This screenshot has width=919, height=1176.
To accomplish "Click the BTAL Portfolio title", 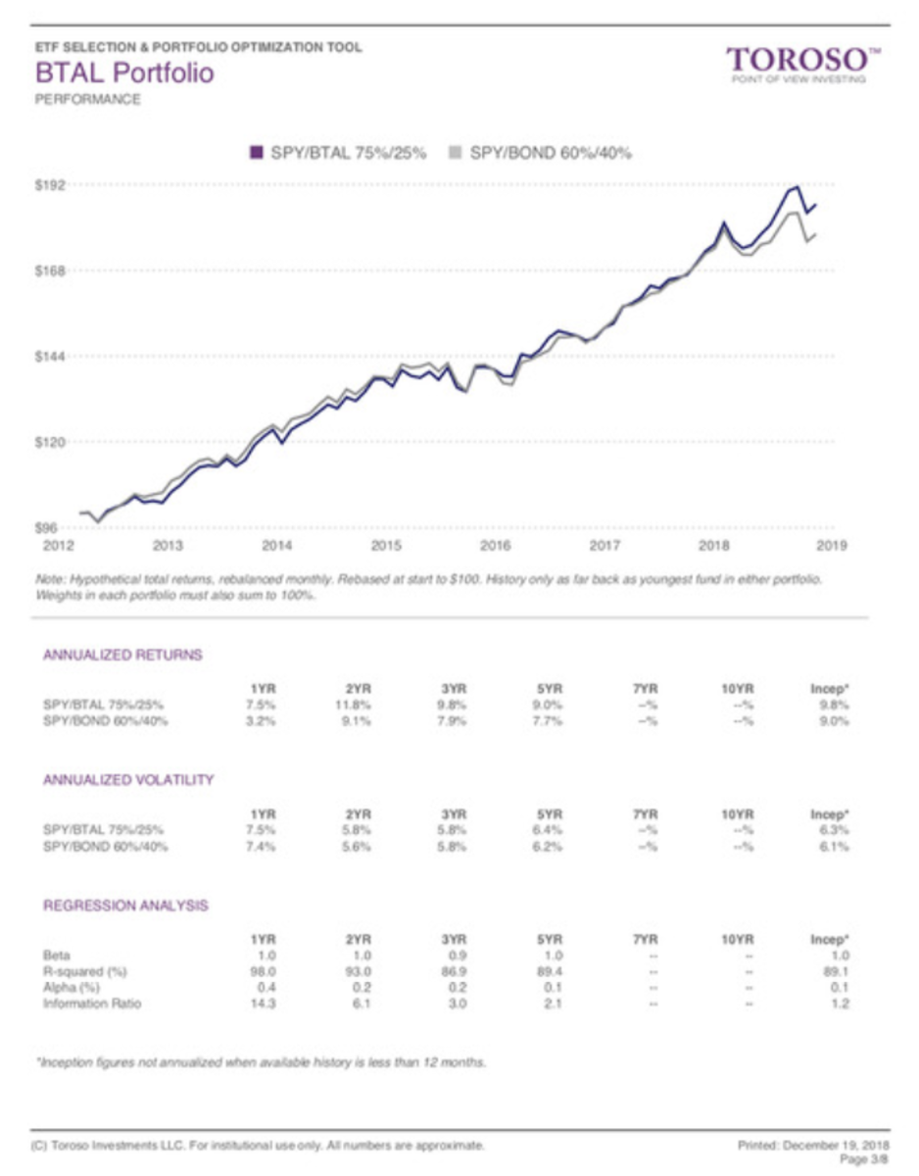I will coord(124,73).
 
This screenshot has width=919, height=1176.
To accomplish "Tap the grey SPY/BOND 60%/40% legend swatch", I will coord(454,152).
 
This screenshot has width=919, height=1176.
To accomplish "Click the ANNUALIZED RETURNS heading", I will coord(122,655).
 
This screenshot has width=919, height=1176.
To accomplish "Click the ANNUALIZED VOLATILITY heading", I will coord(128,780).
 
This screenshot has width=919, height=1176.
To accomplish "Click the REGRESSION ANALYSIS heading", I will coord(125,906).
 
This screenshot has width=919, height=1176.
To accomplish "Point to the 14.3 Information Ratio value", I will coord(259,1004).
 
